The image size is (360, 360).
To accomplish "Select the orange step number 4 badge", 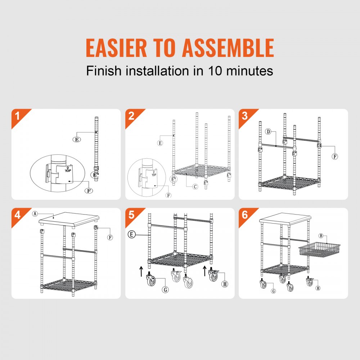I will (17, 215).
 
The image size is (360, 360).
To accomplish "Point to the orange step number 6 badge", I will (245, 215).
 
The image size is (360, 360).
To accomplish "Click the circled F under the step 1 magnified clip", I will (88, 190).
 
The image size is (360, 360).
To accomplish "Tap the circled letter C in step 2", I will (195, 186).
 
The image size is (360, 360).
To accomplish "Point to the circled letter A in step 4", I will (35, 213).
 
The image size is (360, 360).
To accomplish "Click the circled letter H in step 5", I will (225, 284).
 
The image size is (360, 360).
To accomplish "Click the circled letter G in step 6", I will (273, 291).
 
